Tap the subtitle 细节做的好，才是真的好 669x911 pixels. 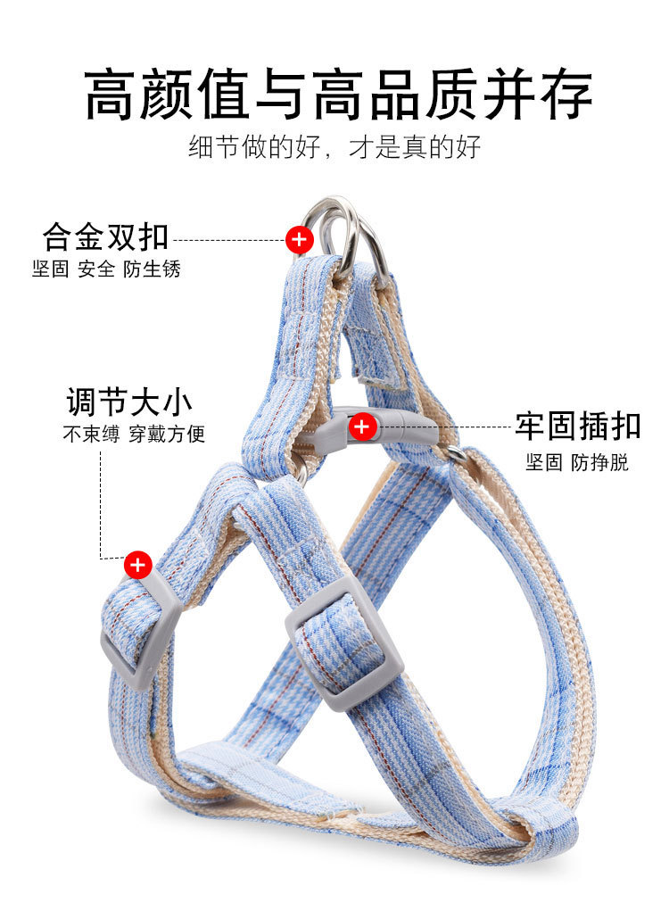pyautogui.click(x=334, y=147)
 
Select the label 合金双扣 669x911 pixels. pyautogui.click(x=105, y=236)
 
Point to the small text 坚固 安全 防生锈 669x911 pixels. pyautogui.click(x=106, y=269)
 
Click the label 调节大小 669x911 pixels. pyautogui.click(x=129, y=402)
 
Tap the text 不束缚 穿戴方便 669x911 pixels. pyautogui.click(x=134, y=435)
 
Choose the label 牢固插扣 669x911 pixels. pyautogui.click(x=577, y=427)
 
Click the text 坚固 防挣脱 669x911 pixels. pyautogui.click(x=576, y=462)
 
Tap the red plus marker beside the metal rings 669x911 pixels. pyautogui.click(x=299, y=239)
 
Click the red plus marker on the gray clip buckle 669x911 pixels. pyautogui.click(x=361, y=427)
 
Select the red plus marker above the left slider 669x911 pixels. pyautogui.click(x=137, y=564)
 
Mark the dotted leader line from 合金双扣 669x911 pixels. pyautogui.click(x=227, y=240)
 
